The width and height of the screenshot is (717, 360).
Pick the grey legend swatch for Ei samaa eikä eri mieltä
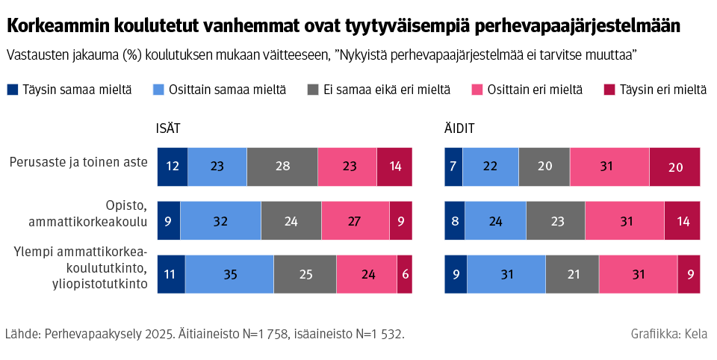pos(314,90)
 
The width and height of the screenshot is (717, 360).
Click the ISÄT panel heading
pos(167,128)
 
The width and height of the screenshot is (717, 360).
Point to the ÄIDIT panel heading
pos(460,128)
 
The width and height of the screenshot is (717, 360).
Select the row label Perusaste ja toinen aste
pos(78,161)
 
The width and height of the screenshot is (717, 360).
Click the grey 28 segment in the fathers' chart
pos(282,167)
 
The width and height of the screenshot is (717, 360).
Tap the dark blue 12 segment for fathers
pos(172,167)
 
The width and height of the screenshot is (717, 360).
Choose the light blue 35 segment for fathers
pos(229,274)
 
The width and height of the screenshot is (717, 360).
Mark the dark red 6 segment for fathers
pos(404,274)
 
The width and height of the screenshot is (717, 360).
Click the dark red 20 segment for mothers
pos(674,167)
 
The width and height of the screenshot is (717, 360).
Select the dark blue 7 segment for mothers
pos(453,167)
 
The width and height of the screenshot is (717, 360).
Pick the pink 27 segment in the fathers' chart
pos(356,220)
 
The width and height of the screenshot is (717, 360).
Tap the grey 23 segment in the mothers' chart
pos(555,220)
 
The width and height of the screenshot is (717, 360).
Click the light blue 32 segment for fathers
pos(221,220)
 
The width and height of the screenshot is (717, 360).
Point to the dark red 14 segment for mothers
pos(682,220)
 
